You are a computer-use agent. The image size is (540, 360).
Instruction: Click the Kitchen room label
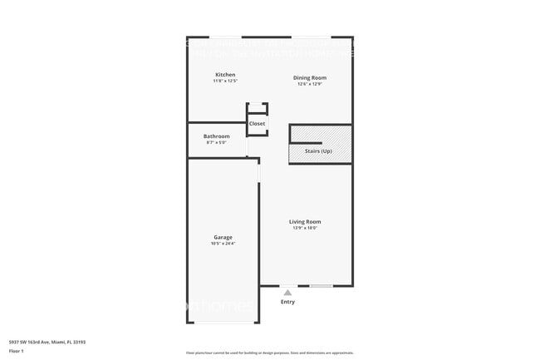pos(225,75)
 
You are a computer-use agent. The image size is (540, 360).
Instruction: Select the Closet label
pos(258,124)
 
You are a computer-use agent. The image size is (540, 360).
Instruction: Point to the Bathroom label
pos(216,136)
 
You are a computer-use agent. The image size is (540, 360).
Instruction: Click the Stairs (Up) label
pos(320,151)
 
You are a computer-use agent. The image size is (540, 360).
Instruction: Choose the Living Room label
pos(305,221)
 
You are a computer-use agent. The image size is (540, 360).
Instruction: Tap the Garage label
pos(223,237)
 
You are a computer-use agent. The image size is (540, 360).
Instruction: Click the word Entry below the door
pos(287,302)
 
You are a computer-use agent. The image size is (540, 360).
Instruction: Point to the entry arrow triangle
pos(287,293)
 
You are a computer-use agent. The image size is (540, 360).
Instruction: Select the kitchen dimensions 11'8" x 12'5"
pos(225,81)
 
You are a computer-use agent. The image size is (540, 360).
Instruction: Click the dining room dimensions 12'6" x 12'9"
pos(308,84)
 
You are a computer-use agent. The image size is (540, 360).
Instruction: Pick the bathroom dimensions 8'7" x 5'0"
pos(216,143)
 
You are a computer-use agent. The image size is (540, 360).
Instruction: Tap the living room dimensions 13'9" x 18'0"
pos(305,228)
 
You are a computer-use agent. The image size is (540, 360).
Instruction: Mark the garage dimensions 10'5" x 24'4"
pos(223,244)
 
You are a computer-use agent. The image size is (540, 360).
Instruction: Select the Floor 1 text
pos(17,351)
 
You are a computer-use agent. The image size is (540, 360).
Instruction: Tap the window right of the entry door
pos(322,286)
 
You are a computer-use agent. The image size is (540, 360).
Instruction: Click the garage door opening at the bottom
pos(223,323)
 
